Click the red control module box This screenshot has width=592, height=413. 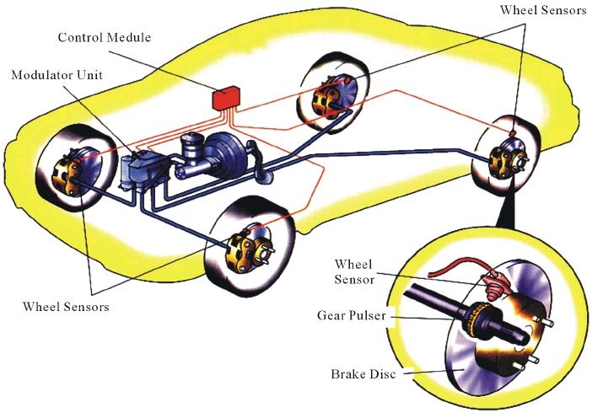(x=226, y=98)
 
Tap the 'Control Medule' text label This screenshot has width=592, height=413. (x=105, y=37)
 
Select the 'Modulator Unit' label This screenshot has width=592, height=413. (x=57, y=75)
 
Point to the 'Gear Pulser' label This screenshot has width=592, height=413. (x=352, y=315)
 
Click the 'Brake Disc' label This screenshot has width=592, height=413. (x=363, y=373)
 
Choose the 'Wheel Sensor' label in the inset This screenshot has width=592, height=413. (x=353, y=271)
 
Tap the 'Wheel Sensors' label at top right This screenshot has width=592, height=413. (x=543, y=10)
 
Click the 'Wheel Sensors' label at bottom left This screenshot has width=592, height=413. (x=66, y=306)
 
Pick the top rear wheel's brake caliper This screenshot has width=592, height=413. (x=325, y=99)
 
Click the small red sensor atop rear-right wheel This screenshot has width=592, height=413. (x=513, y=133)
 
